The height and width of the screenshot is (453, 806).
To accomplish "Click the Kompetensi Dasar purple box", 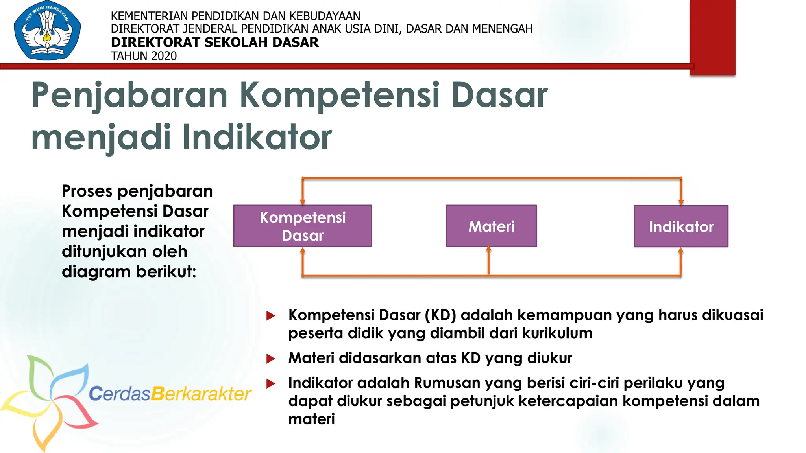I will click(x=302, y=226).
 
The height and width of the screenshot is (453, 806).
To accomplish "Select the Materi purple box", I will click(x=491, y=226).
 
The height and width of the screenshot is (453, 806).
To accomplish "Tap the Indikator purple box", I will click(x=681, y=226).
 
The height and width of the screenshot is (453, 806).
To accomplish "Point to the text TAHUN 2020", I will click(x=144, y=56).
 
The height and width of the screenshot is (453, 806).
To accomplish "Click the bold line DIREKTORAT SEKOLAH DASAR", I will click(x=214, y=42).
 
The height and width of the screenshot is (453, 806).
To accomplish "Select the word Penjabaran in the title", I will click(x=129, y=95).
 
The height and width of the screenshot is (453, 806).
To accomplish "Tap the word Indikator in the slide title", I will click(x=257, y=138).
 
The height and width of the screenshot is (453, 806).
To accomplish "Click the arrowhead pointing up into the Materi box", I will click(x=488, y=249).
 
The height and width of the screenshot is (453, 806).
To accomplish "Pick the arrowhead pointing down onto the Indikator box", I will click(x=681, y=202).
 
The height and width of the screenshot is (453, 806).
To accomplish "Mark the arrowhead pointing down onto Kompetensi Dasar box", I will click(x=302, y=202).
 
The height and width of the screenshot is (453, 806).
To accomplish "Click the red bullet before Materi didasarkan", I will click(x=271, y=358).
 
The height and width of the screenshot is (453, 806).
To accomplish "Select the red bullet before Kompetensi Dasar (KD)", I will click(x=271, y=315).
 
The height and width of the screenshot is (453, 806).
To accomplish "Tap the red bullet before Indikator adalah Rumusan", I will click(x=271, y=383).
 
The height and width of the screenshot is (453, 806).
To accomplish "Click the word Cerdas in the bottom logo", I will click(x=120, y=394).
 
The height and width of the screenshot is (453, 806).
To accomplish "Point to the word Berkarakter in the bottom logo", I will click(x=201, y=394).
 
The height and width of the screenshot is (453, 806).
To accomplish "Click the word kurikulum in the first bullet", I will click(x=557, y=333).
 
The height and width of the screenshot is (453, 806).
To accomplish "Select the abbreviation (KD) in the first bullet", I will click(x=440, y=315).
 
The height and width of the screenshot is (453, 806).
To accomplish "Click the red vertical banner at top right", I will click(x=712, y=37).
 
